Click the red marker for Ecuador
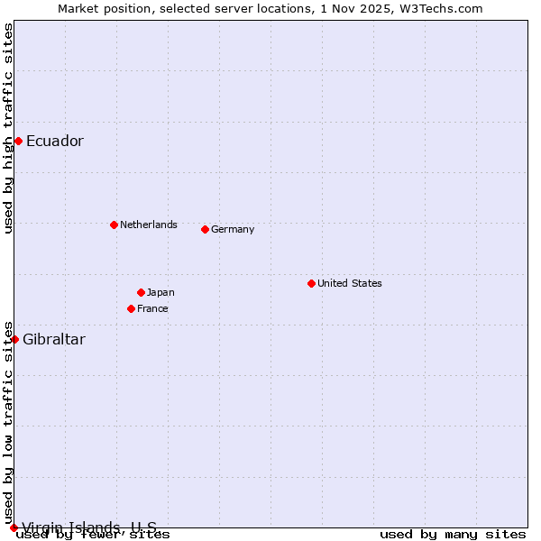pos(18,141)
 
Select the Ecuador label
pos(55,141)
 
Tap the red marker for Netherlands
pos(114,225)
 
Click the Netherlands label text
pos(149,225)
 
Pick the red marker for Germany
pos(205,229)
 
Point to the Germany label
pos(233,229)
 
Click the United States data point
pos(311,283)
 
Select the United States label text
pos(350,283)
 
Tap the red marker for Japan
pos(141,292)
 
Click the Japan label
pos(160,292)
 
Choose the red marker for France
pos(131,308)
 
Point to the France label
pos(152,308)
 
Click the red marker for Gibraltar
pos(14,339)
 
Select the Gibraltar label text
pos(54,339)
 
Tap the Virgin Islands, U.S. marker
pos(14,527)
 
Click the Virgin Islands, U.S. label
pos(89,527)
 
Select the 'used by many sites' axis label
pos(453,535)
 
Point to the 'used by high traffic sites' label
pos(8,128)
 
